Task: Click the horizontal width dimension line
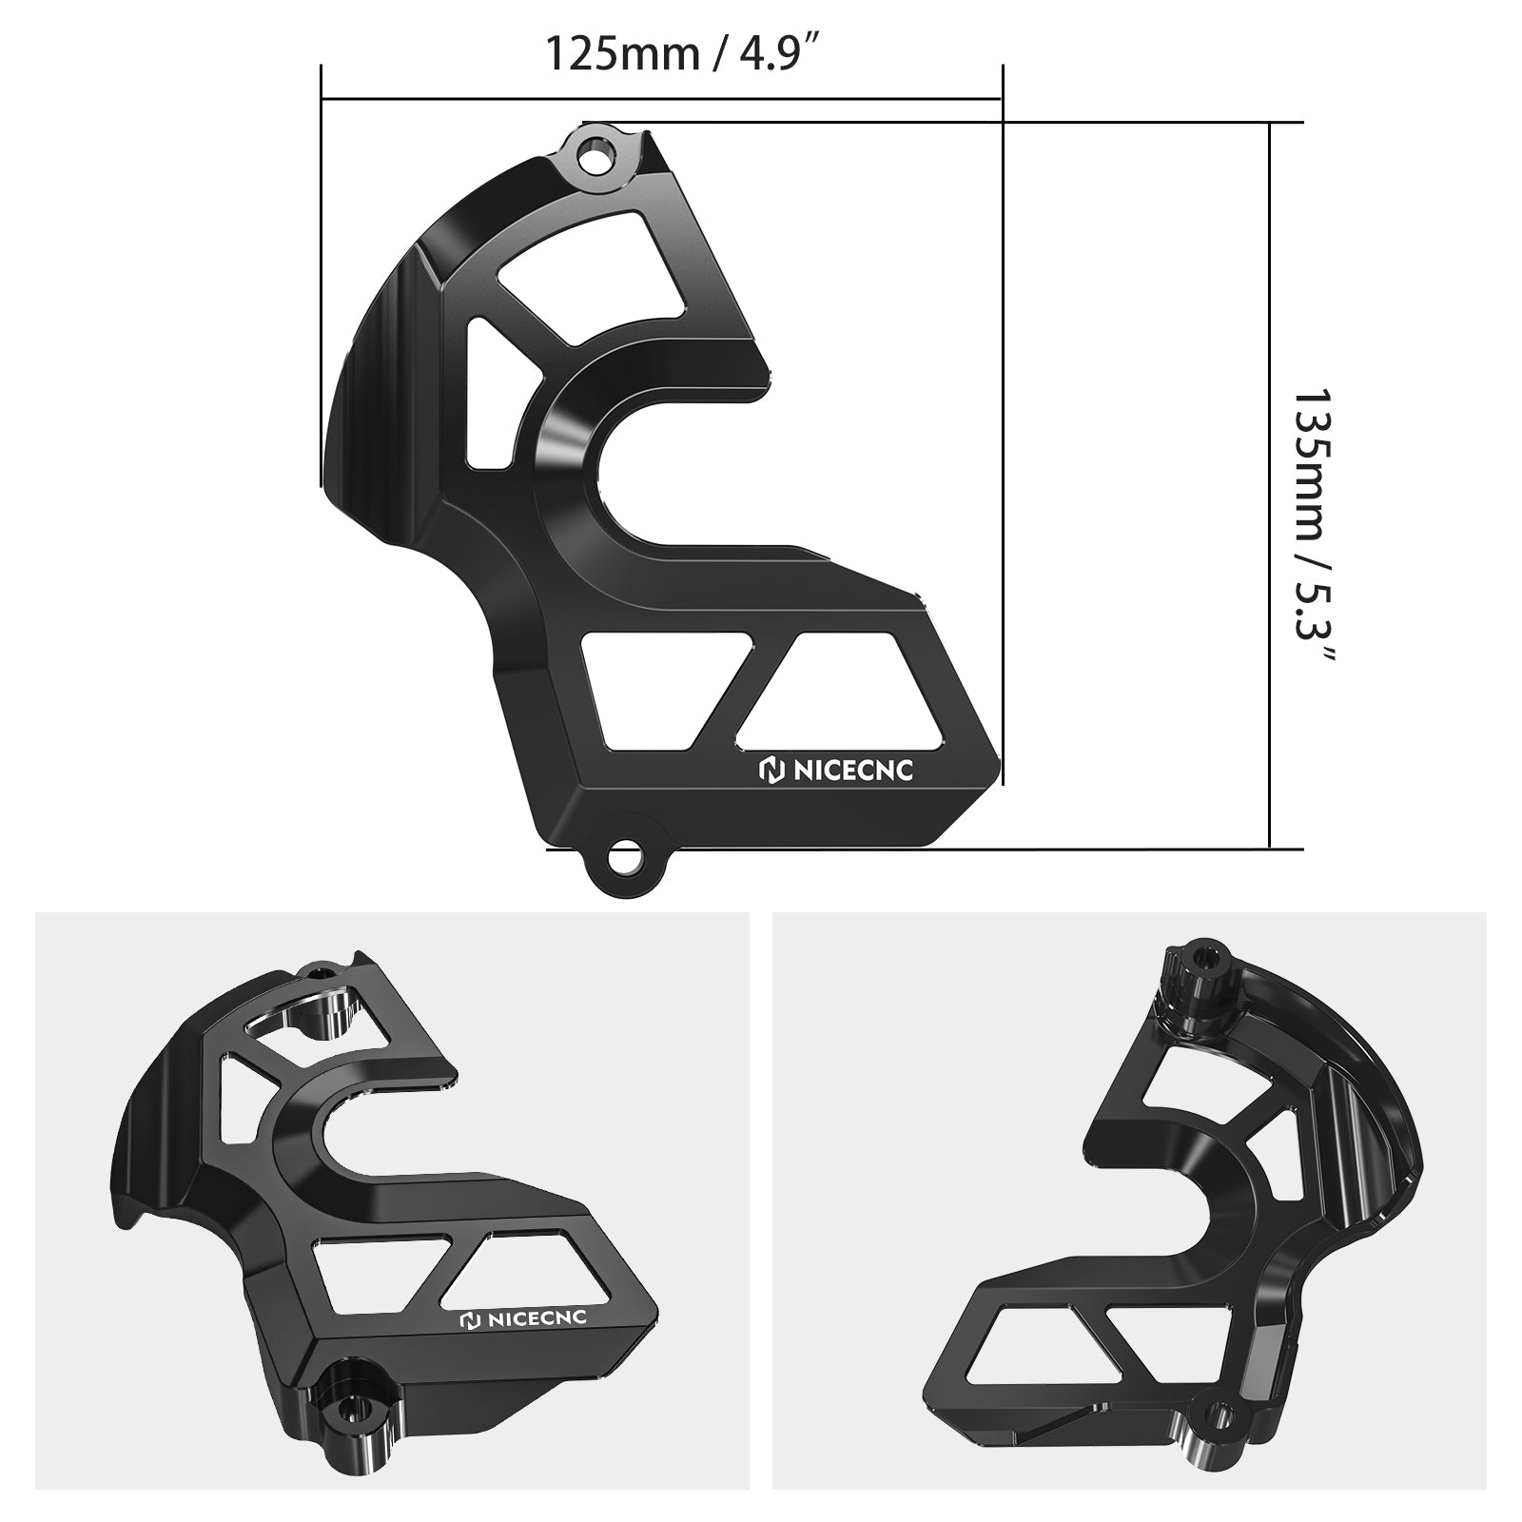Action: pos(661,98)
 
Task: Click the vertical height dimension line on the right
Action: pos(1271,485)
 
